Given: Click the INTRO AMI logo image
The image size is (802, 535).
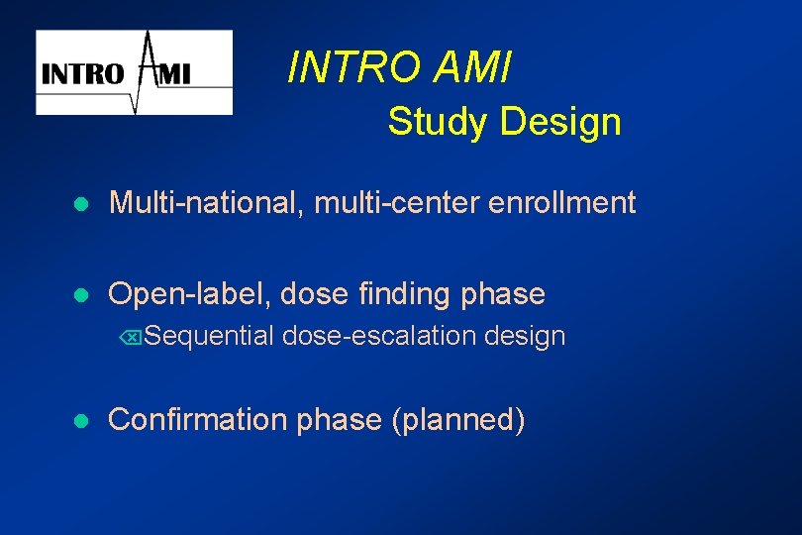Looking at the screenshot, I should [134, 72].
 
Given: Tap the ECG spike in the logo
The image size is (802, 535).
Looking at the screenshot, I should [147, 69].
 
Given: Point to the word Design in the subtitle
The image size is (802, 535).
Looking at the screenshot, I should [560, 122].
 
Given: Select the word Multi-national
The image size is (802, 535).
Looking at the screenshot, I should [207, 203].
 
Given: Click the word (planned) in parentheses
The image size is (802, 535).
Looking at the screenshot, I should [458, 420].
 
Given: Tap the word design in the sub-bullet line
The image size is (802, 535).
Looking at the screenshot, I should [525, 337].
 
